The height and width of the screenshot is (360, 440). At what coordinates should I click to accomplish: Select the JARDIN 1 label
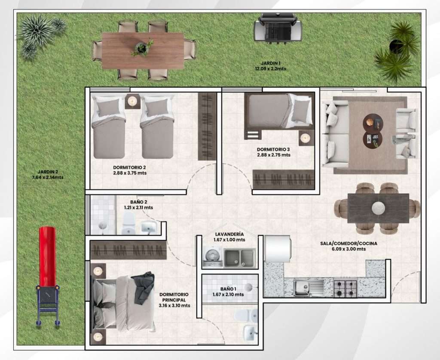(x=271, y=64)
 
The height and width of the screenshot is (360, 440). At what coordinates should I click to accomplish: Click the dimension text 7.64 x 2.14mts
(x=48, y=177)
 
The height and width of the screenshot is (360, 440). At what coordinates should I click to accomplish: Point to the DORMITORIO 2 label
(x=129, y=168)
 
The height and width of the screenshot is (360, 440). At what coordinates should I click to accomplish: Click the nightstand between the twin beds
(x=132, y=101)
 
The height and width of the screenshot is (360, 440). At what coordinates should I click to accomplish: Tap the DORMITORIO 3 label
(x=273, y=149)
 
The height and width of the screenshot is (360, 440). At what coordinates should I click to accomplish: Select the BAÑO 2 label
(x=139, y=202)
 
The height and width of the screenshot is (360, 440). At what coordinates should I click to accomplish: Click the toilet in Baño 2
(x=129, y=223)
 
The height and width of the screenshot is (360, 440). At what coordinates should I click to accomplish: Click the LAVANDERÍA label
(x=229, y=234)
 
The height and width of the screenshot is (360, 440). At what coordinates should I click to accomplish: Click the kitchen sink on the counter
(x=309, y=288)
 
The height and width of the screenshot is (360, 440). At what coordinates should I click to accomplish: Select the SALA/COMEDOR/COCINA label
(x=348, y=244)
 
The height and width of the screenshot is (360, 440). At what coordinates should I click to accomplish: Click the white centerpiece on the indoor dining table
(x=378, y=208)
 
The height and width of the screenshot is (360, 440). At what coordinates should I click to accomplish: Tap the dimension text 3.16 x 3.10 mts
(x=174, y=305)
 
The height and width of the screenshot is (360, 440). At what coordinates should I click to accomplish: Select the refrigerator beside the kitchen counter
(x=278, y=249)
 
